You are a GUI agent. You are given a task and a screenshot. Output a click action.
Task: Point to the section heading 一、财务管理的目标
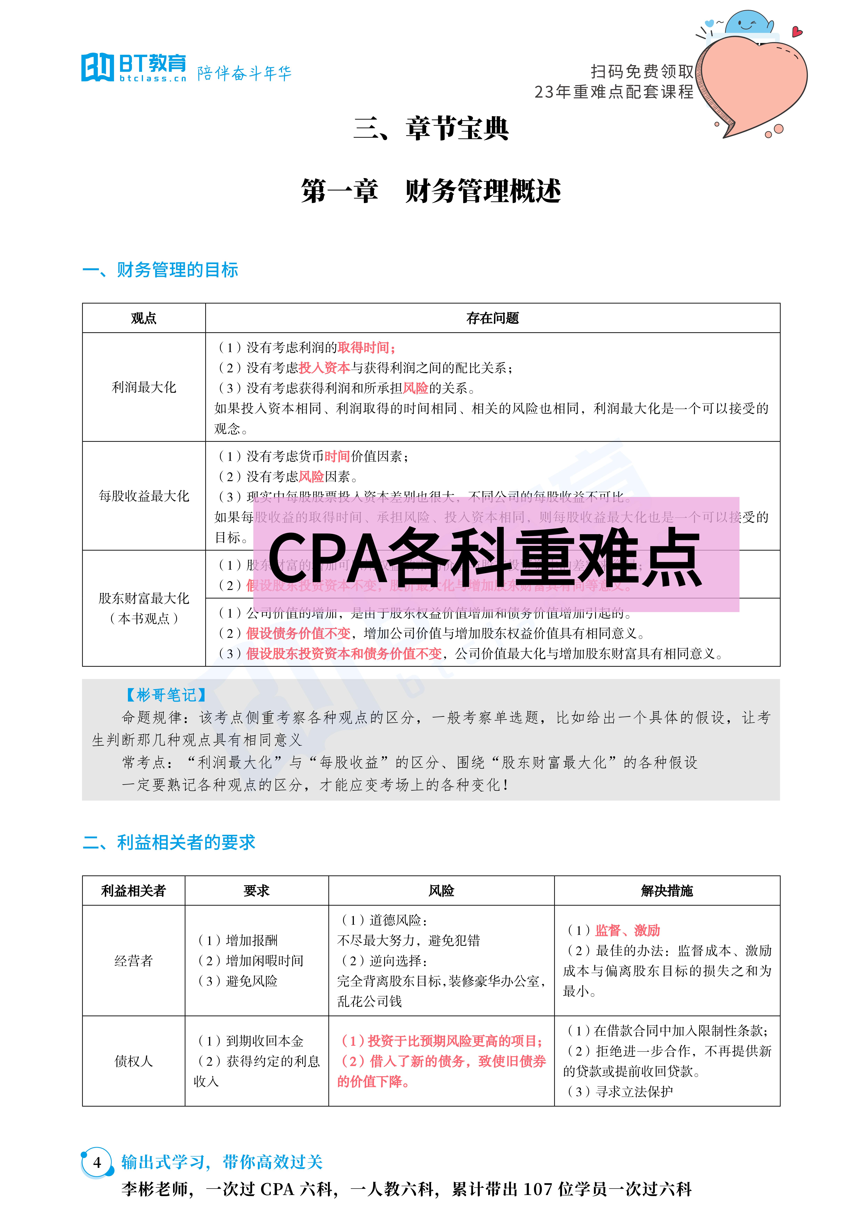tap(160, 270)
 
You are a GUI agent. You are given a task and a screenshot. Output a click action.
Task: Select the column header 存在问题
tap(492, 318)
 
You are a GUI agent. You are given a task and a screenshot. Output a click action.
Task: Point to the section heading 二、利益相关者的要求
tap(169, 842)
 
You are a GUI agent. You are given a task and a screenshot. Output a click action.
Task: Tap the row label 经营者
tap(133, 961)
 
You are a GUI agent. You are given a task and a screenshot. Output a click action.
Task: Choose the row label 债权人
tap(133, 1061)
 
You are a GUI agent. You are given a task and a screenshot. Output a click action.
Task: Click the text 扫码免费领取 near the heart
tap(642, 71)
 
